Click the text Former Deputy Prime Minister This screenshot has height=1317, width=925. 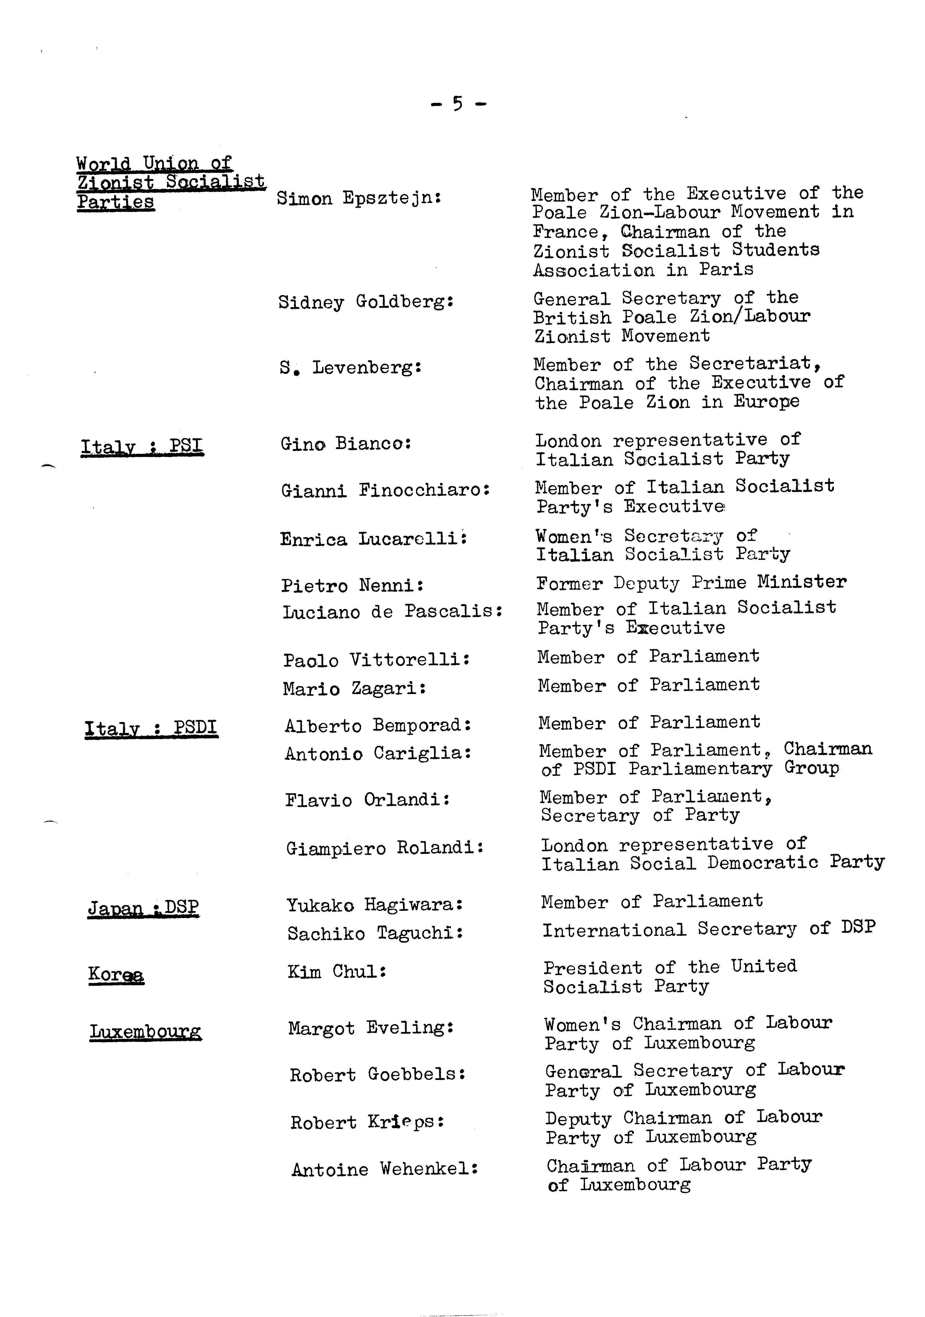tap(691, 583)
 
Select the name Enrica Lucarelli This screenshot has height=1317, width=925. tap(373, 539)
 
